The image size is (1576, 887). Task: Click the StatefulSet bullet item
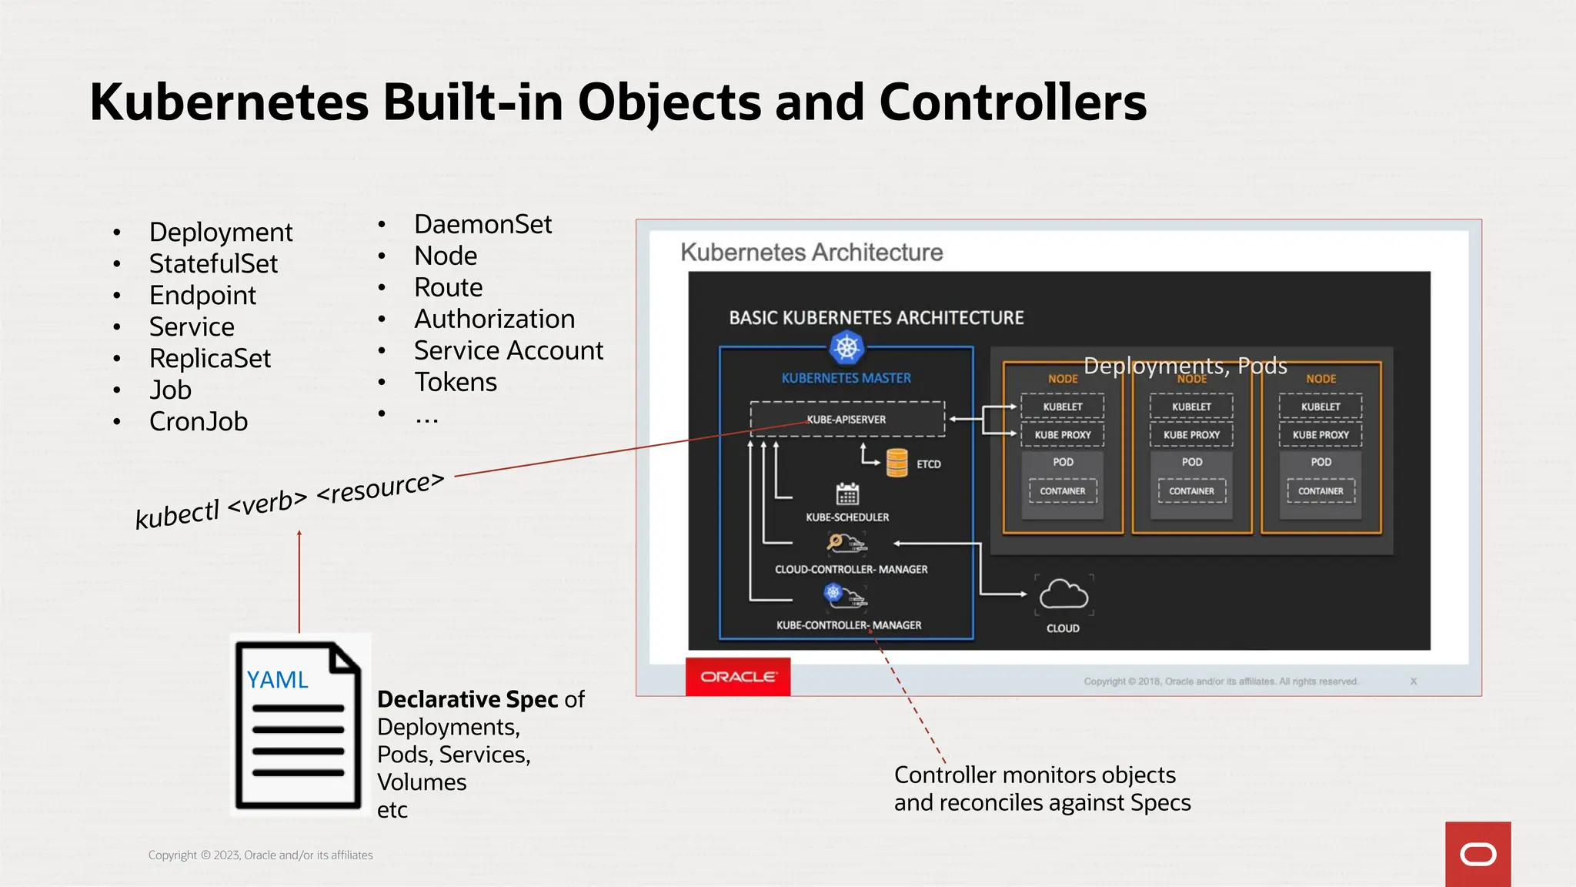click(213, 264)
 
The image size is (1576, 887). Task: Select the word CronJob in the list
click(199, 422)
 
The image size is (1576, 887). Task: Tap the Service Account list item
click(508, 351)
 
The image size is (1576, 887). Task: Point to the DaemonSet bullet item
click(482, 225)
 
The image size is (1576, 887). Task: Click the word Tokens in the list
click(456, 383)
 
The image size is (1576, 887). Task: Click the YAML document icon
click(299, 725)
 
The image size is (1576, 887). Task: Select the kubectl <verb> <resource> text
click(289, 501)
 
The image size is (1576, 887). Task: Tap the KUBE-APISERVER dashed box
click(846, 420)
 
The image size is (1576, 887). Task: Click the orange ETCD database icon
click(897, 464)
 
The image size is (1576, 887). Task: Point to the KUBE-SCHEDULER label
click(847, 517)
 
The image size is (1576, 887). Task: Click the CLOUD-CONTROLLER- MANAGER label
click(851, 570)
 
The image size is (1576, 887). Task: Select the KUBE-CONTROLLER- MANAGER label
click(849, 625)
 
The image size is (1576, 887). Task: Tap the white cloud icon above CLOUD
click(1063, 595)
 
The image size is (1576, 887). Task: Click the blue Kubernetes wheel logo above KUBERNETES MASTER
click(846, 348)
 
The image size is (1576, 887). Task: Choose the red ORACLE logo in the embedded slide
click(738, 677)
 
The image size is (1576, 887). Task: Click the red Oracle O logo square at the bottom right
click(1477, 854)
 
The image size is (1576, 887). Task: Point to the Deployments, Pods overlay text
click(1185, 366)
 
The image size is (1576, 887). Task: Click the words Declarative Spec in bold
click(467, 699)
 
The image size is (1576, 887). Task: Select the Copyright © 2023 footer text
click(260, 855)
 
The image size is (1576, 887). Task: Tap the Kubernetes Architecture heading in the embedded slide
click(811, 253)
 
